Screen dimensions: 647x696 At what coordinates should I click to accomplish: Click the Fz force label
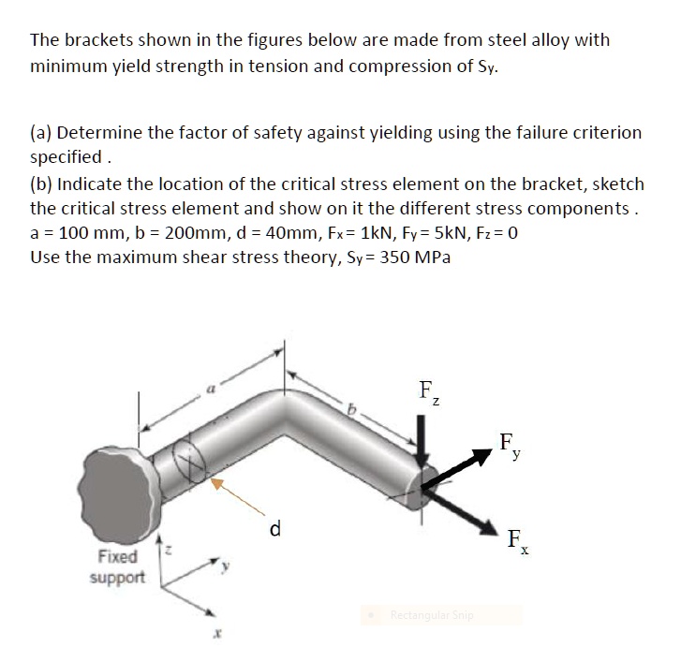[x=427, y=390]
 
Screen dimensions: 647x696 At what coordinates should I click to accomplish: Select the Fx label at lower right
[x=514, y=539]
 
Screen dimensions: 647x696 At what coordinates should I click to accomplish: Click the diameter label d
[x=274, y=530]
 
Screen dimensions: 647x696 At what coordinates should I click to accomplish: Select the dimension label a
[x=213, y=386]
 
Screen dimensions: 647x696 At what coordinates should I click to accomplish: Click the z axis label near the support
[x=168, y=554]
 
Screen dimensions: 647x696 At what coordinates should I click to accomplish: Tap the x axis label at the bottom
[x=215, y=634]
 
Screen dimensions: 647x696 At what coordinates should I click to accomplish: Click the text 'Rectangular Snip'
[x=432, y=615]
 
